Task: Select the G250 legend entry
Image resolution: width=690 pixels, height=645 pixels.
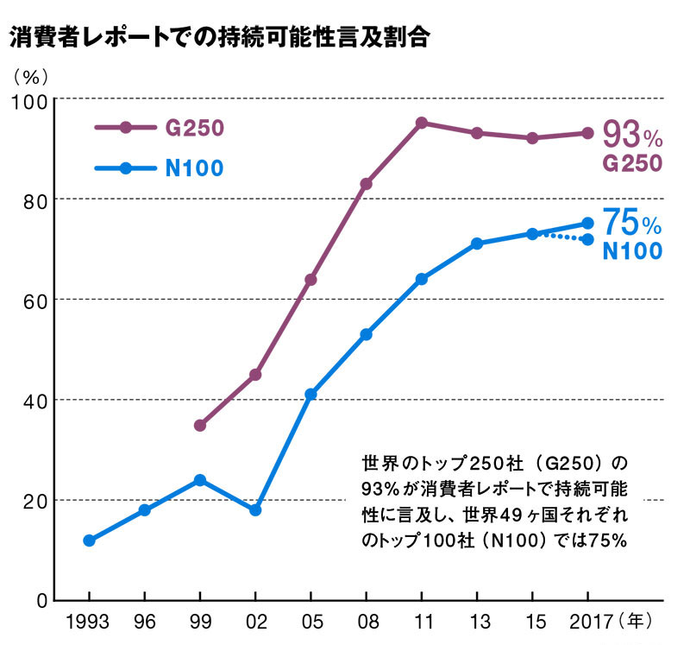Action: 160,128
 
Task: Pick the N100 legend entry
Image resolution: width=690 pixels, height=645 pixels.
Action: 160,168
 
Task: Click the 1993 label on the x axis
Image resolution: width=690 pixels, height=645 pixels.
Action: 88,620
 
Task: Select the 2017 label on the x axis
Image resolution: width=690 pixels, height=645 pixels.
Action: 588,620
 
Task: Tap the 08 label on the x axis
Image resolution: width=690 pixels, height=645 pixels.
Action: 366,620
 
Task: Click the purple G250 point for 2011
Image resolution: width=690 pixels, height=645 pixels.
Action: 422,123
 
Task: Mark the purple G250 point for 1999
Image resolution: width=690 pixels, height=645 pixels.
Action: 200,425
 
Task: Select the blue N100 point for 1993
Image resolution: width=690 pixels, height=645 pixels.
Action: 89,541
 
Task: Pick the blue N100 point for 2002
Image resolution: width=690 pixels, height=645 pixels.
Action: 255,510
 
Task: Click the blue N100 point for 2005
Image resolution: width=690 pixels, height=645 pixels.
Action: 310,395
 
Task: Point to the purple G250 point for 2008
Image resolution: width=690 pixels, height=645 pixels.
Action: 366,184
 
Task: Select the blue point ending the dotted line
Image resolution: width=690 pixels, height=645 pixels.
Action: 588,239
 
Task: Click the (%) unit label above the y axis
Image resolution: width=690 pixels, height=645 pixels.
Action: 28,74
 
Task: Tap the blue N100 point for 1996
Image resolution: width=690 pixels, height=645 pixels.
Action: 145,510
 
